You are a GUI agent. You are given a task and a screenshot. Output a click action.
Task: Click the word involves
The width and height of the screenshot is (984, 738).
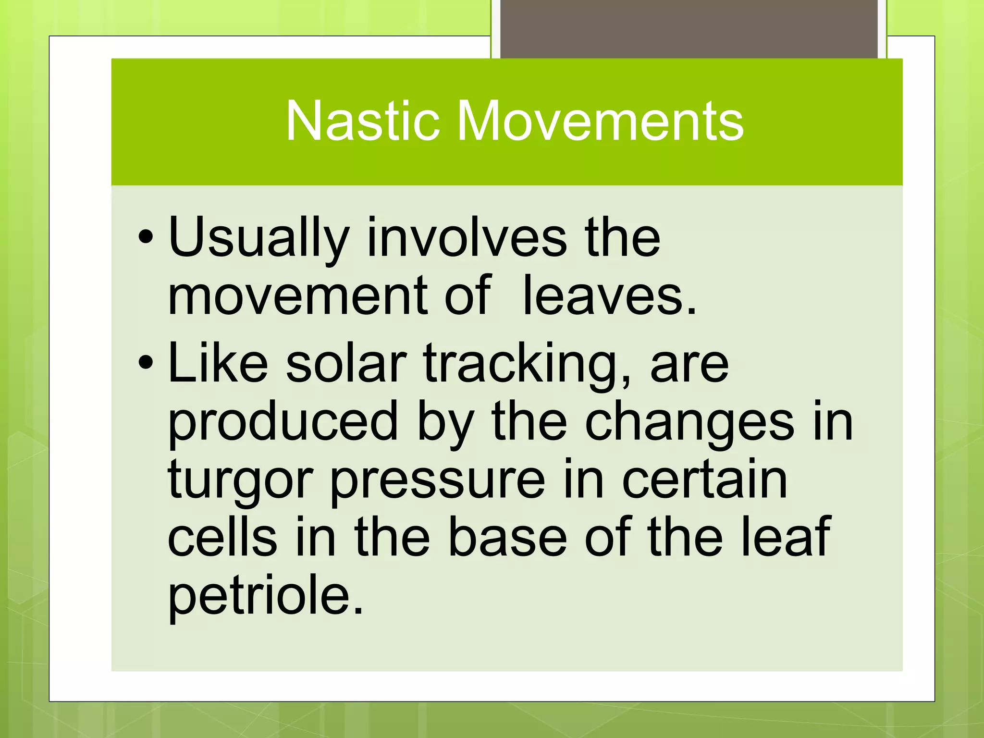(x=467, y=238)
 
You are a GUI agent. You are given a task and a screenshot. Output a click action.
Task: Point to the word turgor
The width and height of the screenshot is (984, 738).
(x=241, y=480)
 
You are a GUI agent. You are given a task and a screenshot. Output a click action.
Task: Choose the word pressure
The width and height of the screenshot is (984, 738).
(x=438, y=480)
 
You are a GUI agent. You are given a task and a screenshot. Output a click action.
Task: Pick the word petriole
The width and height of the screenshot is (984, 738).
(x=265, y=596)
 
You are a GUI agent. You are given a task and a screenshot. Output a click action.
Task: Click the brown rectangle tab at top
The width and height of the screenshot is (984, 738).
(x=689, y=29)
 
